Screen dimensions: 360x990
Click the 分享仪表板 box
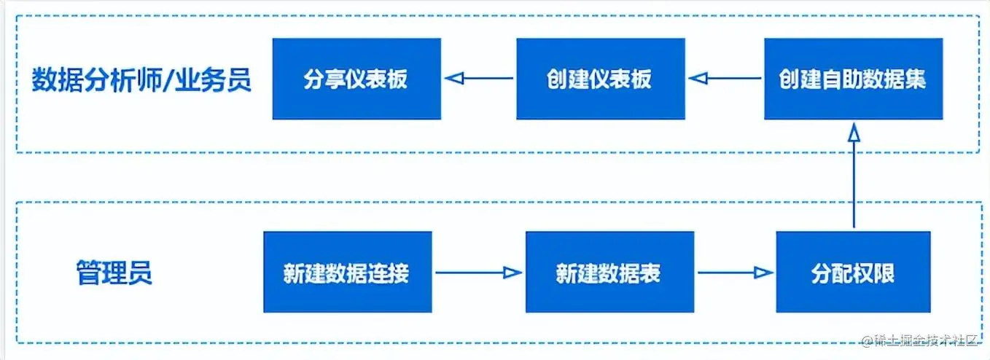pos(356,79)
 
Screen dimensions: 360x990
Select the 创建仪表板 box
pos(600,79)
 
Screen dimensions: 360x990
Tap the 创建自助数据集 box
pos(851,79)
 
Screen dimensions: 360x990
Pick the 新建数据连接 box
pos(347,273)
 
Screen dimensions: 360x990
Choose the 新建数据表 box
pos(609,273)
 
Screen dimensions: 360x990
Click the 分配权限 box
pos(853,273)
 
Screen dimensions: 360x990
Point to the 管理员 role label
pos(114,273)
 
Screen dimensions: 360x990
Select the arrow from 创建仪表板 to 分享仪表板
pos(479,78)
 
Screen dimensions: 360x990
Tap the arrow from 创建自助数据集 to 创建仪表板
pos(725,78)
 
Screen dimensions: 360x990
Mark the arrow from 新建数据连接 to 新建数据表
pos(478,273)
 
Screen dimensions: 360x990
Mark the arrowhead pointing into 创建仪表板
pos(698,78)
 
